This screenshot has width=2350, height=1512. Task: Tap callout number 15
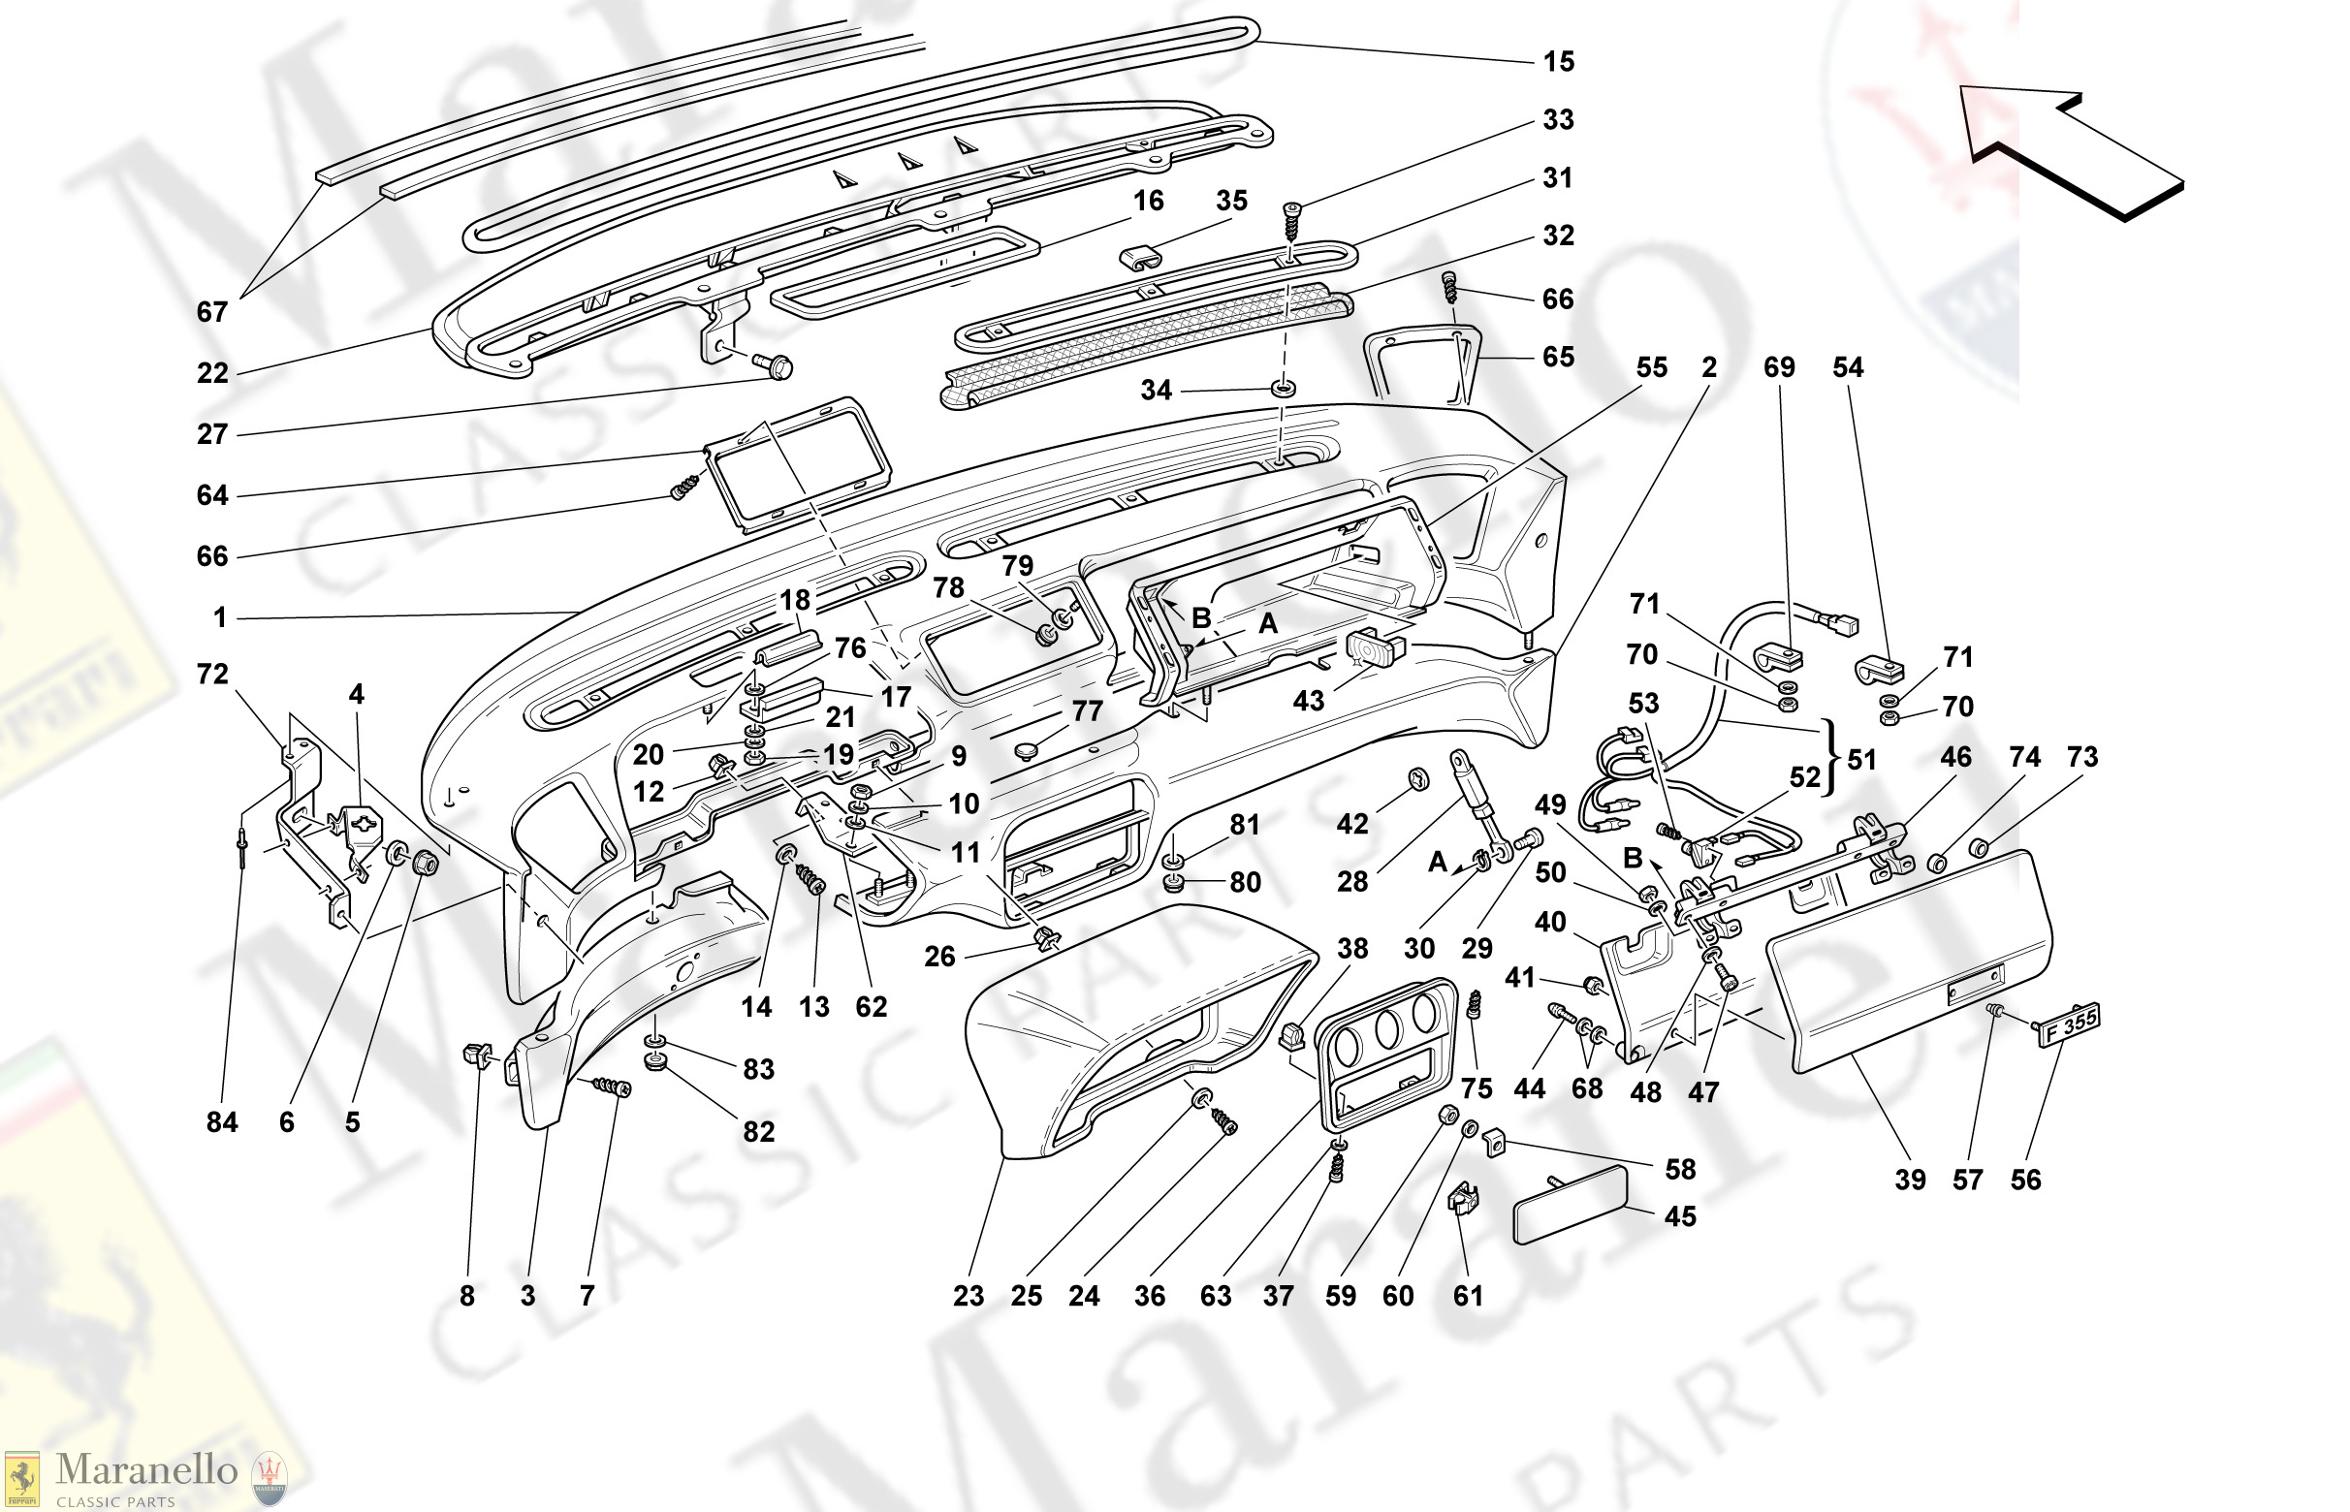click(1559, 62)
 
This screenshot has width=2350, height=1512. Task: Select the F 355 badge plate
click(2069, 1026)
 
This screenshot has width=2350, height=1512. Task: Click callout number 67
click(212, 312)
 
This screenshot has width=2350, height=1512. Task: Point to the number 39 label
click(1910, 1180)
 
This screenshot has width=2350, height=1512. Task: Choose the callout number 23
click(969, 1296)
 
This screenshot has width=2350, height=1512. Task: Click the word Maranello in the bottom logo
click(146, 1469)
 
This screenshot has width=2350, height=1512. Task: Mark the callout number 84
click(222, 1122)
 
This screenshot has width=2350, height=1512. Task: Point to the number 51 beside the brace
click(1862, 759)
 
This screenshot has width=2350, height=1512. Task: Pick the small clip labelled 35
click(1140, 257)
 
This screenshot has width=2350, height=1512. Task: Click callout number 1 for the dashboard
click(220, 617)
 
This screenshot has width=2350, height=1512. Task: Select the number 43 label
click(1308, 701)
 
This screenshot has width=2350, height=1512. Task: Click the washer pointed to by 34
click(1283, 389)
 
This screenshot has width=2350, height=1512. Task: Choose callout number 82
click(758, 1132)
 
